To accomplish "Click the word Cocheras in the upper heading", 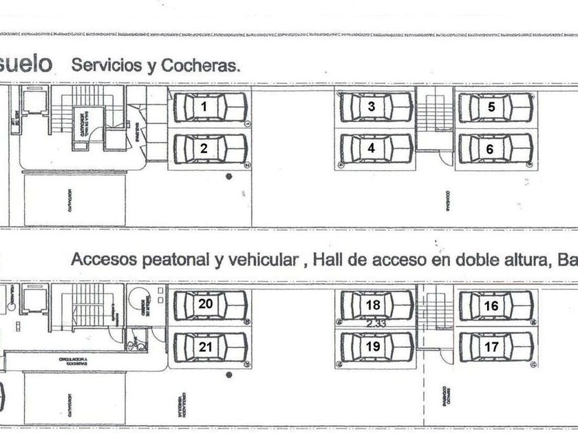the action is coord(202,66).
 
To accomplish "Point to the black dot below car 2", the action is coord(229,177).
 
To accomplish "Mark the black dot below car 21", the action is coord(229,375).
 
